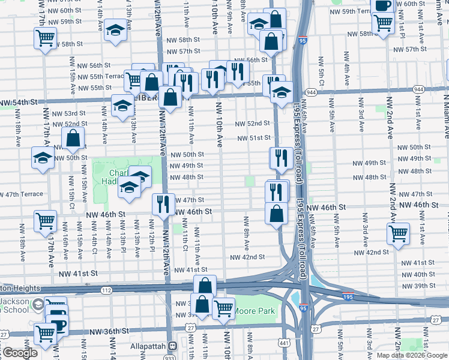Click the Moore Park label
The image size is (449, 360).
click(254, 311)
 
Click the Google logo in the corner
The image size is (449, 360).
click(19, 353)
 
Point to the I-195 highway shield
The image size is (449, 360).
click(348, 296)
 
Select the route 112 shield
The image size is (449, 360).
click(106, 290)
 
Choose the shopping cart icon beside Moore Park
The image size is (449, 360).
click(223, 308)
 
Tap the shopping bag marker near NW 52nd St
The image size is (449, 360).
click(73, 139)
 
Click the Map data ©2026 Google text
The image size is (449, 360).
click(411, 355)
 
